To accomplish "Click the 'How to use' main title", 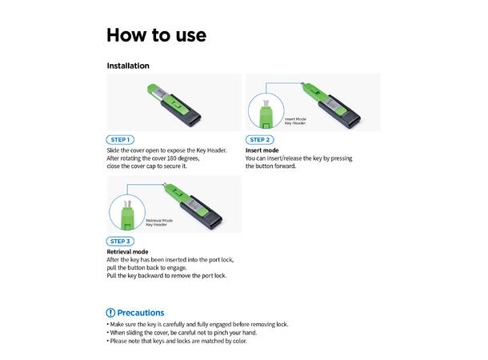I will click(x=157, y=35).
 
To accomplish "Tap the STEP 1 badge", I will click(x=119, y=139).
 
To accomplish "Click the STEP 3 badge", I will click(x=119, y=241).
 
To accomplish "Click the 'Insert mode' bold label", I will click(x=262, y=150).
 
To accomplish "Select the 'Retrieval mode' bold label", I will click(x=127, y=251).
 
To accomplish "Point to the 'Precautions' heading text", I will click(x=141, y=312).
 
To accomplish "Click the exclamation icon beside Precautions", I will click(x=110, y=312).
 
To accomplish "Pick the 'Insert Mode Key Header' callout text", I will click(x=295, y=121).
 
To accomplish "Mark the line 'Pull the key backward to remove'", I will click(x=166, y=275).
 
